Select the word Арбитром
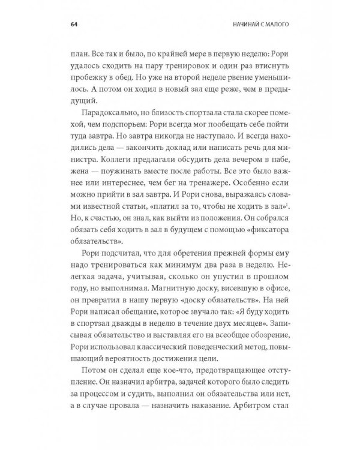[265, 415]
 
